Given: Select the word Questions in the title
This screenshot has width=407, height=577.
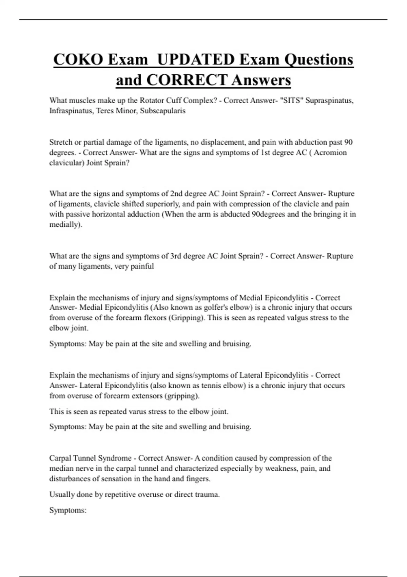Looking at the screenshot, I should point(318,59).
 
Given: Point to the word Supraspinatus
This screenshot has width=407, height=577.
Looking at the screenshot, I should point(329,100).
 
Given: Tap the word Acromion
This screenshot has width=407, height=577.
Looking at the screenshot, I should point(330,152).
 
